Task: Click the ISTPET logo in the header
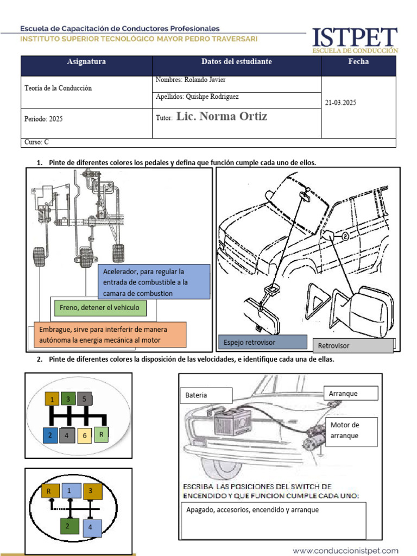[354, 40]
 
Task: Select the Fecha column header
[358, 62]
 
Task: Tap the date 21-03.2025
[340, 102]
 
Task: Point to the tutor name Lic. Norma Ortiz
[222, 117]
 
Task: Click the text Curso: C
[37, 142]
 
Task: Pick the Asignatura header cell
[86, 62]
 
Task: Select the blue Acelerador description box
[154, 282]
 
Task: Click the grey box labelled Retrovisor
[353, 346]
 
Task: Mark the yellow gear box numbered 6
[85, 435]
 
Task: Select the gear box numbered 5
[85, 399]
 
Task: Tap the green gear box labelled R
[102, 434]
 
